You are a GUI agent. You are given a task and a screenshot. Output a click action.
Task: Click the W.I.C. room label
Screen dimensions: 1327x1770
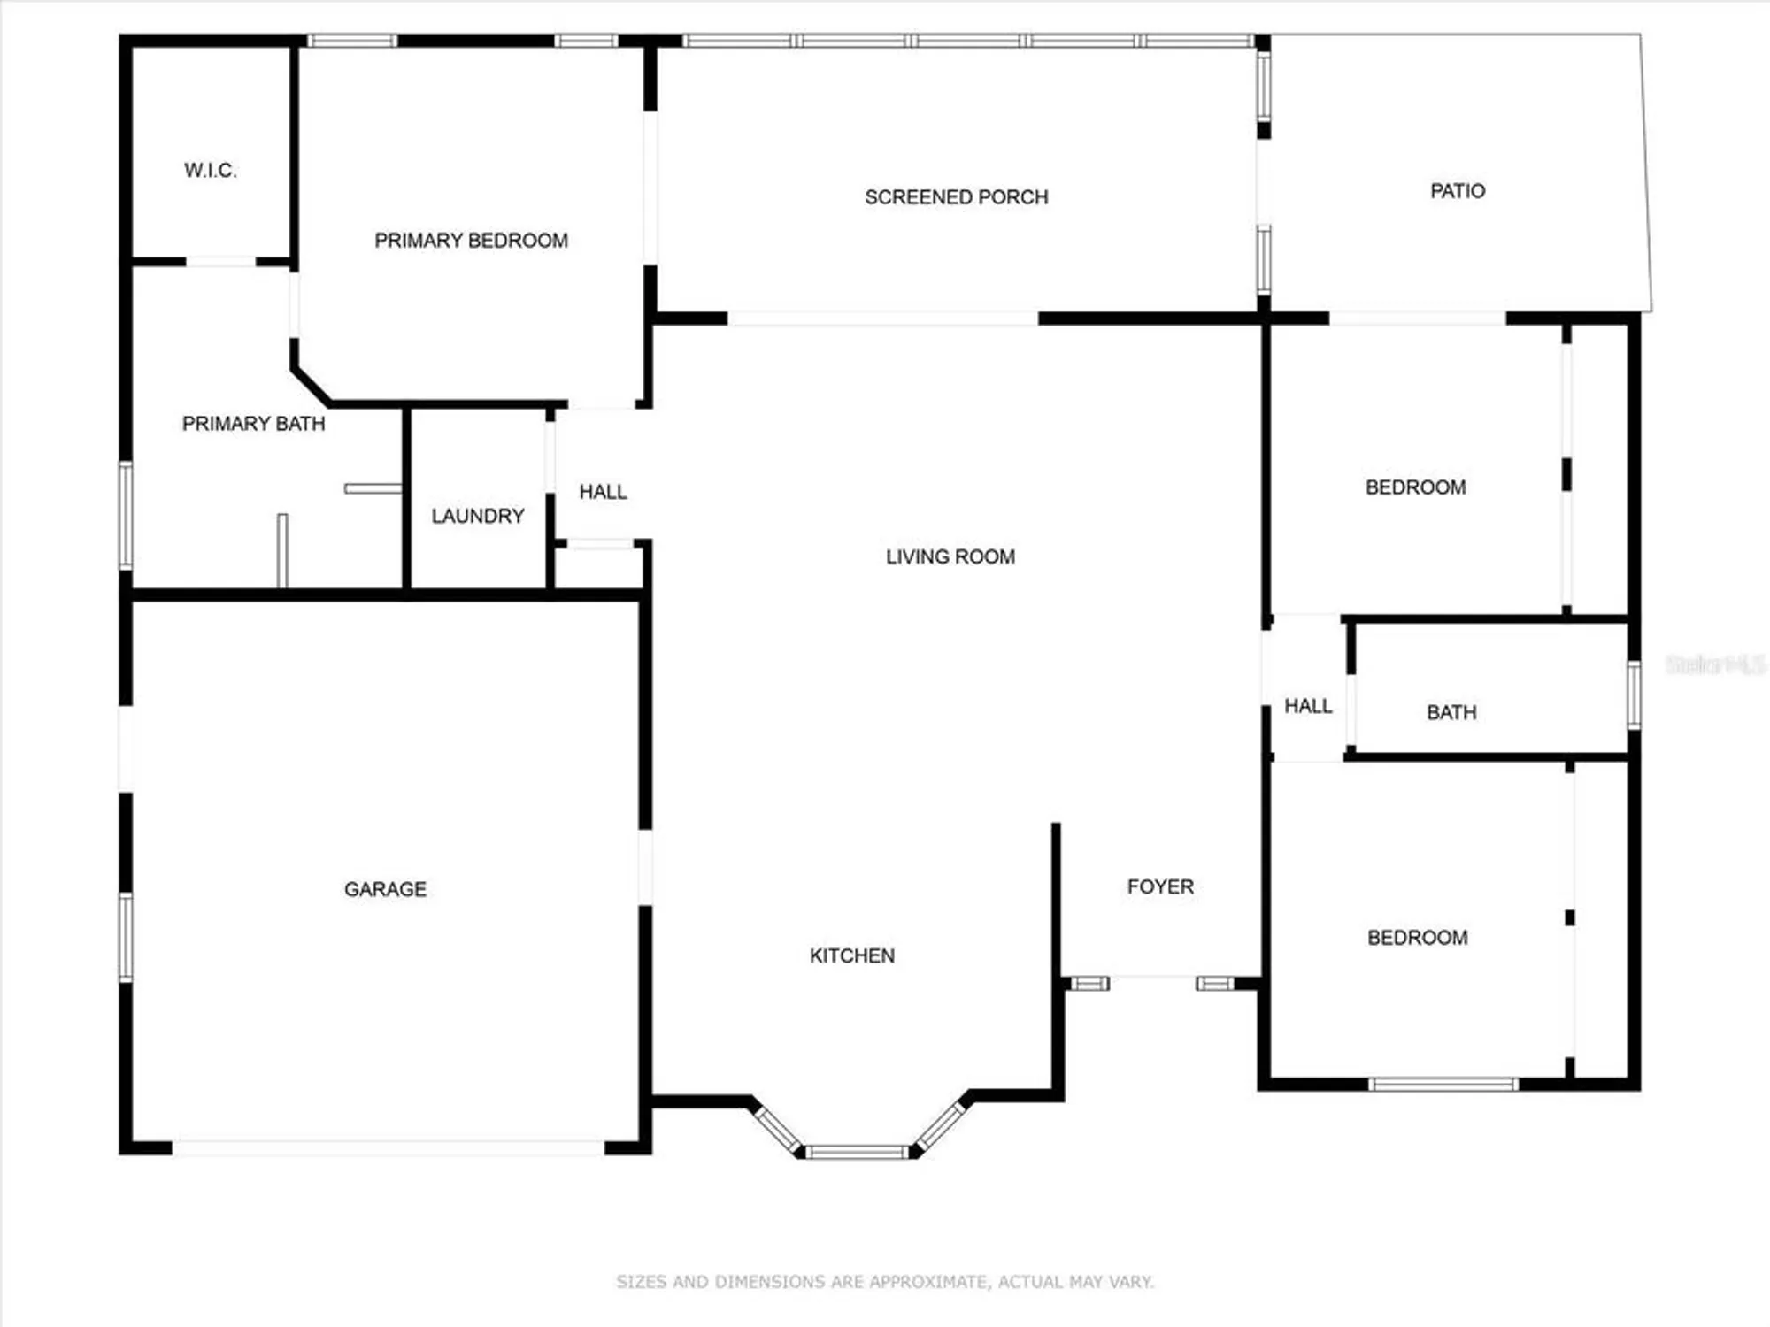(x=211, y=171)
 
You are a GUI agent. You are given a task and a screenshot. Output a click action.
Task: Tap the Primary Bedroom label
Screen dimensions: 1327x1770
(x=471, y=241)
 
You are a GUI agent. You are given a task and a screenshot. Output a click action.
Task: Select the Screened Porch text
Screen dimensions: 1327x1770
(x=956, y=197)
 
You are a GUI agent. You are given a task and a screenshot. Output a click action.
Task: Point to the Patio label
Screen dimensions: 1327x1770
(x=1458, y=191)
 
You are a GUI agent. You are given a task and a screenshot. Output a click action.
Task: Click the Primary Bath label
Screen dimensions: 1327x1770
(x=253, y=424)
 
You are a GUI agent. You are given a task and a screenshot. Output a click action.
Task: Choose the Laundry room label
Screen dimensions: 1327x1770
(x=478, y=516)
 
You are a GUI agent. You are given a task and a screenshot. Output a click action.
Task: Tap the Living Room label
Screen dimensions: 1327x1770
(x=950, y=556)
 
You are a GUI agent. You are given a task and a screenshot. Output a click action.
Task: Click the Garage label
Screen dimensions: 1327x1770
(x=385, y=889)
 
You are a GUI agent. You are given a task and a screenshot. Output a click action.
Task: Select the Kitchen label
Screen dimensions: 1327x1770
(x=851, y=955)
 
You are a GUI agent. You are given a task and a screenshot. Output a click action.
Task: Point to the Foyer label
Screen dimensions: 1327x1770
(x=1160, y=886)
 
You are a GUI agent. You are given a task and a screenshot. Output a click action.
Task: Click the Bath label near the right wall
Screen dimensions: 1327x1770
(x=1451, y=712)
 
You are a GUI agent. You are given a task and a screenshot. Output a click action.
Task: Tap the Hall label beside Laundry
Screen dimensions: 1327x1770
(x=603, y=492)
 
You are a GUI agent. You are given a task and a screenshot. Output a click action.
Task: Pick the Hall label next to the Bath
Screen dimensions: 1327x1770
(x=1308, y=706)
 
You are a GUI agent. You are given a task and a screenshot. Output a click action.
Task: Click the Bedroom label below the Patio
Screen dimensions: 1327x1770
(x=1415, y=487)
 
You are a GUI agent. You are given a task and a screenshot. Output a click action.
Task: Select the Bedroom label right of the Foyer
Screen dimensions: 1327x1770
(x=1417, y=938)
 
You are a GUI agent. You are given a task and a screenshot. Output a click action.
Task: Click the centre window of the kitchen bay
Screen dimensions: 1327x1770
(x=857, y=1152)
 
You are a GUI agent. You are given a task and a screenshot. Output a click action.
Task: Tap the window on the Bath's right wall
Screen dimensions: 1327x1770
(x=1634, y=695)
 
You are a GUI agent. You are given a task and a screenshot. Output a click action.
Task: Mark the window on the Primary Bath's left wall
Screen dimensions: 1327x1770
(x=126, y=515)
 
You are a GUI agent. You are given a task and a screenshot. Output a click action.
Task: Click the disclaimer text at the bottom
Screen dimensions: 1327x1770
(x=885, y=1281)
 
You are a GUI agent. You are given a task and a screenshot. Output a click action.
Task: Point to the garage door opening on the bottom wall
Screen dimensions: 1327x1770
(x=388, y=1147)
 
